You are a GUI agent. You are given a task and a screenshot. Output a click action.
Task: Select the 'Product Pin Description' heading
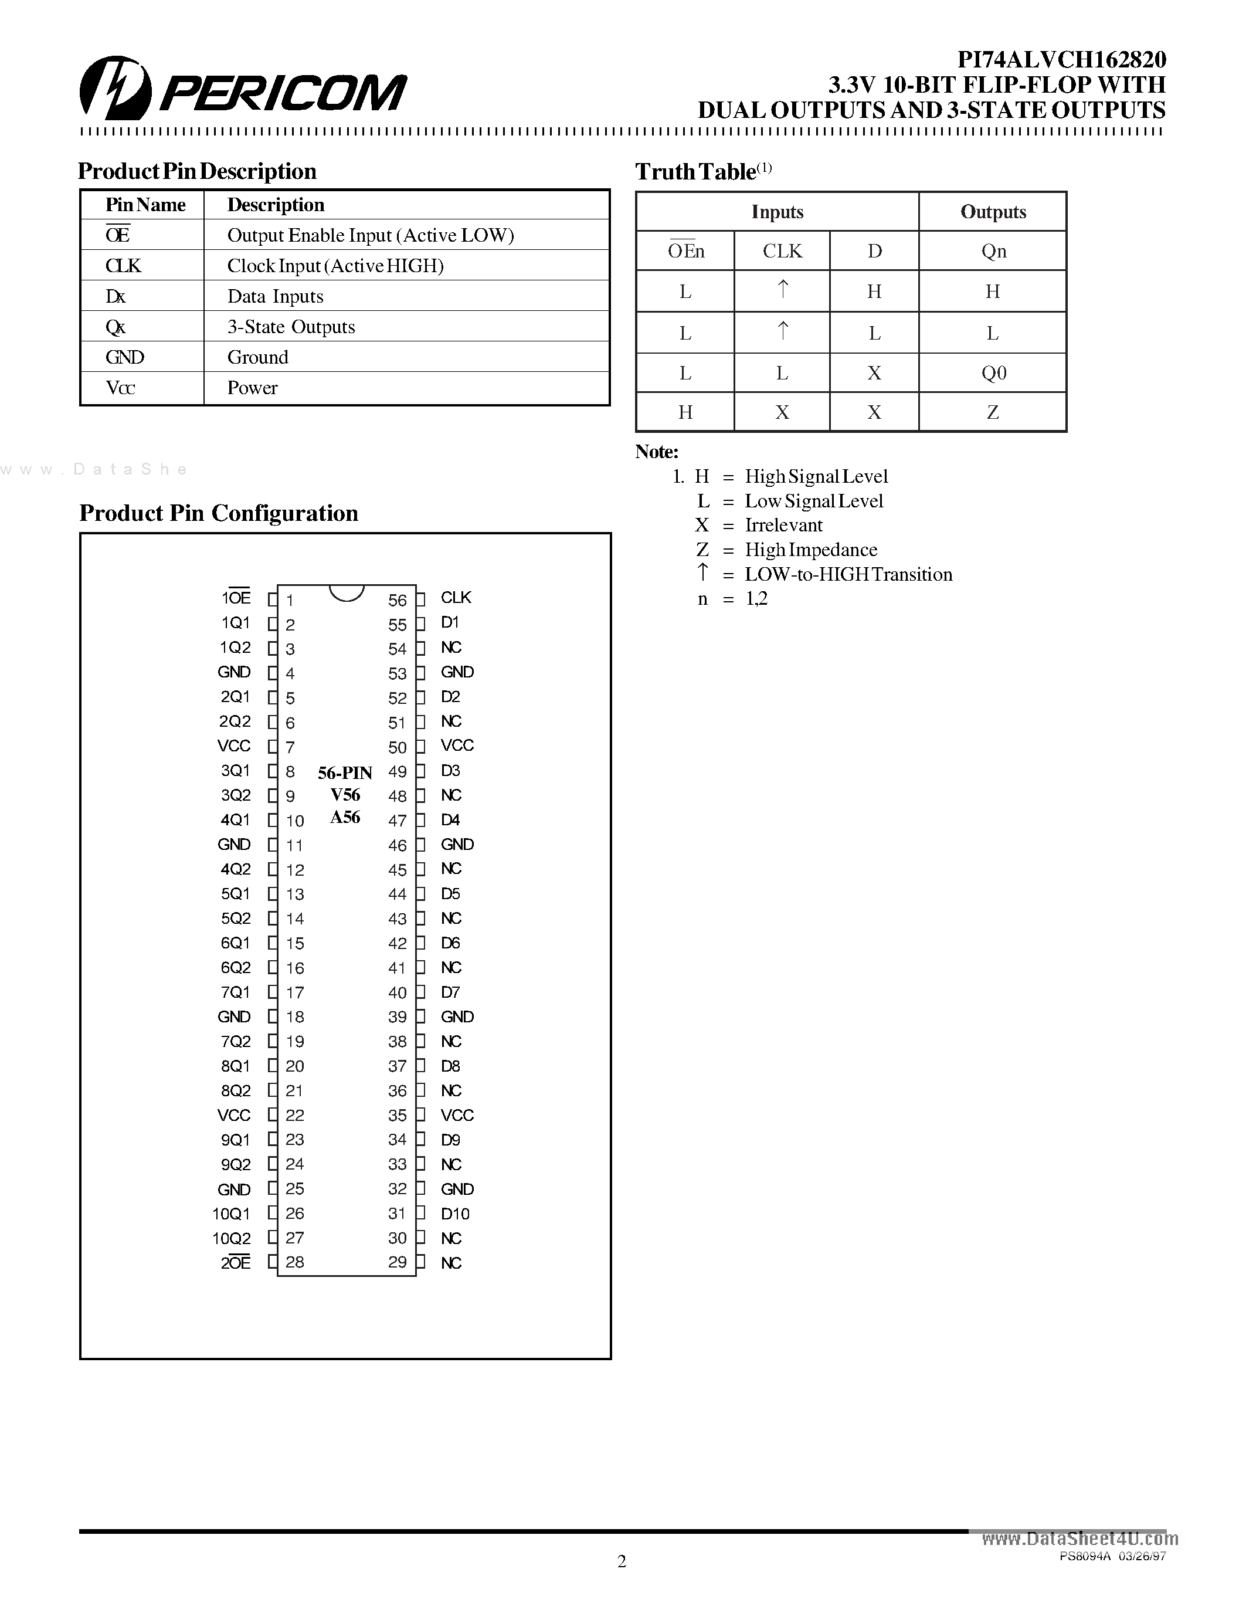[197, 171]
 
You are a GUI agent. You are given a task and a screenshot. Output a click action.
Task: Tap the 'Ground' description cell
[257, 357]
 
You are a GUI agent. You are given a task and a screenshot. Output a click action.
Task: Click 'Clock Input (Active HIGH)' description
[335, 266]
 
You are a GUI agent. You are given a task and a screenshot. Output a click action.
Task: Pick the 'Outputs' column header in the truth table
[993, 212]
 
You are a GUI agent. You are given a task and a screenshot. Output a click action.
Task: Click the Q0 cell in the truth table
[993, 373]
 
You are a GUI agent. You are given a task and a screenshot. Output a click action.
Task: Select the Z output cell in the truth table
[993, 412]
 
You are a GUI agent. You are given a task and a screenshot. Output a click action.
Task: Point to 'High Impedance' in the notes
[810, 550]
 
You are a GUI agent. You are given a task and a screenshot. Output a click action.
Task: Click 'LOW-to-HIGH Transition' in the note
[848, 575]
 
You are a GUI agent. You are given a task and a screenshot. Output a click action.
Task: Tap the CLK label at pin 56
[456, 598]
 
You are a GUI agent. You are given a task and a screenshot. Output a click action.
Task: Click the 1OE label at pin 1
[236, 598]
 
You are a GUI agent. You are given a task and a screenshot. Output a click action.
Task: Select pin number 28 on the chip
[294, 1262]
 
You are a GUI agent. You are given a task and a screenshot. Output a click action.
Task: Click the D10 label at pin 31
[454, 1214]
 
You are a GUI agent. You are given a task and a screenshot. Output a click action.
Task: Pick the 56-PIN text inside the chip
[345, 773]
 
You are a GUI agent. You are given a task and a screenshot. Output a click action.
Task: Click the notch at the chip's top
[345, 592]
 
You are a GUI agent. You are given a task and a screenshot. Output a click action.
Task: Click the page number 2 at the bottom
[622, 1561]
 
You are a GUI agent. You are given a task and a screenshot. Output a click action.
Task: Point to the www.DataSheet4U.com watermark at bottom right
[1080, 1539]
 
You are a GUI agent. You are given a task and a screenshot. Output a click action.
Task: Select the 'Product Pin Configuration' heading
[219, 513]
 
